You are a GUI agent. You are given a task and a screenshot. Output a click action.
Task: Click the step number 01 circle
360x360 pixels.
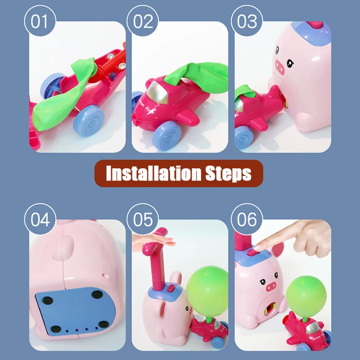tap(40, 21)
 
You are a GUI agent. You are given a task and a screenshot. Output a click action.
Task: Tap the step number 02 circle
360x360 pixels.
tap(143, 21)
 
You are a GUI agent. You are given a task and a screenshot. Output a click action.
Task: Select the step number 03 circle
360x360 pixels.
tap(247, 21)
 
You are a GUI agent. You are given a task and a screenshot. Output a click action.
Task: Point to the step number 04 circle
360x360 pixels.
tap(40, 220)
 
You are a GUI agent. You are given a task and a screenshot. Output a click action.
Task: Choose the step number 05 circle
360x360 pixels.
tap(143, 220)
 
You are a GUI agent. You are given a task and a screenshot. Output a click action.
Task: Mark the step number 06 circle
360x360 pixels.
tap(247, 220)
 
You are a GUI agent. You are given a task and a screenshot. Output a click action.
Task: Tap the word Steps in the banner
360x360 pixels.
tap(229, 173)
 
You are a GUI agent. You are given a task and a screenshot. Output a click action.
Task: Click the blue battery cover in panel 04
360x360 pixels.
tap(72, 310)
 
